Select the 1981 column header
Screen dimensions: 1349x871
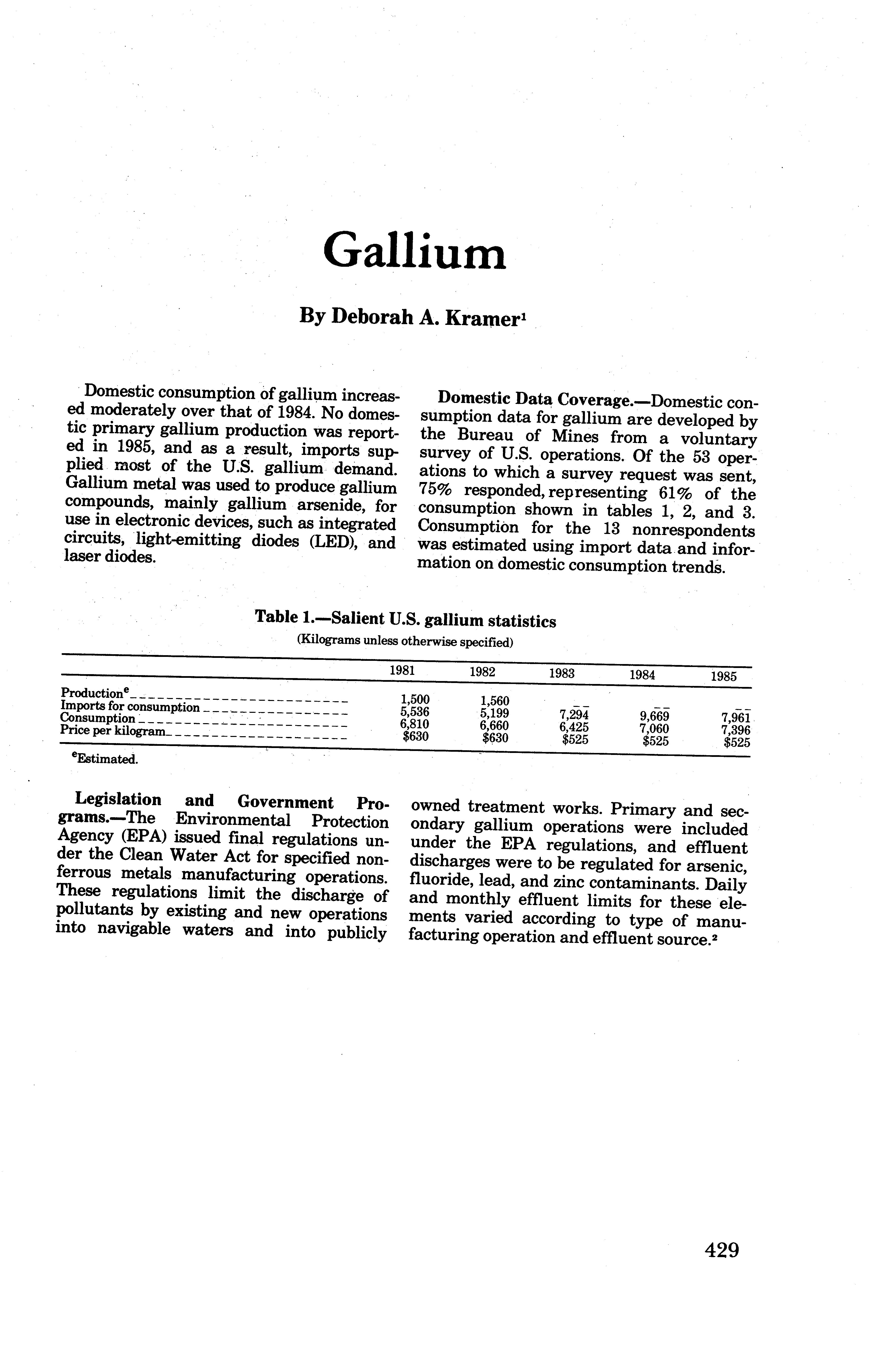403,671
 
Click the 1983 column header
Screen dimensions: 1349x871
562,673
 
